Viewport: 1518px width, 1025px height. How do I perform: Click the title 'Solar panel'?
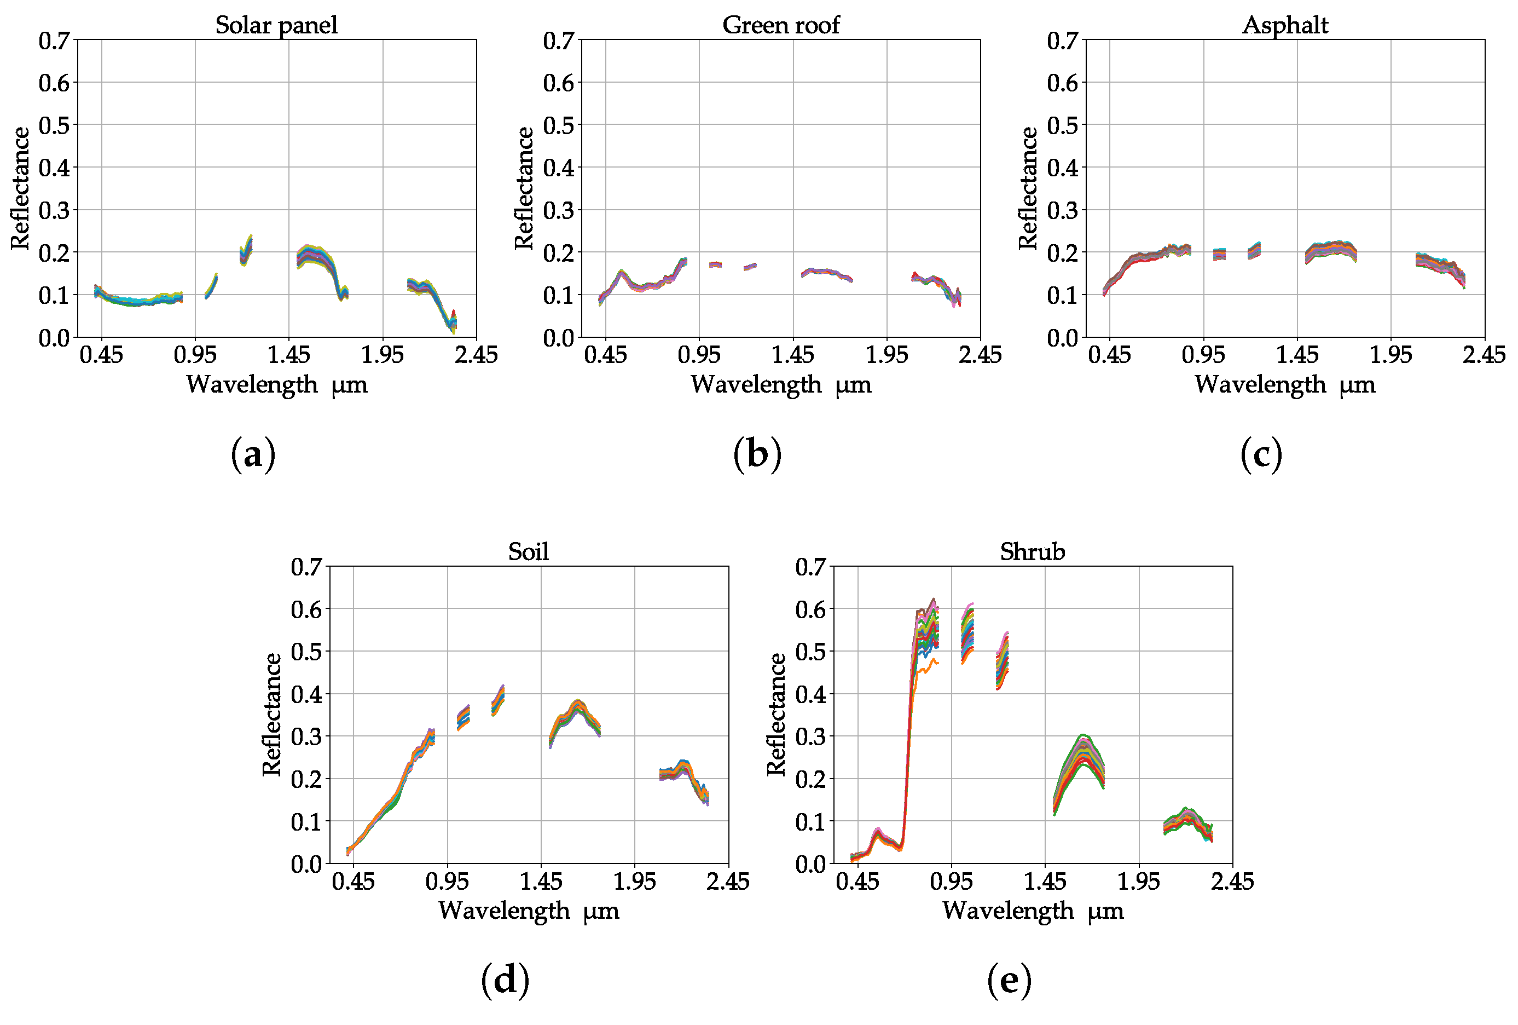pyautogui.click(x=276, y=25)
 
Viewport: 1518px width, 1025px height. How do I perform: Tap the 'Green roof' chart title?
pyautogui.click(x=780, y=25)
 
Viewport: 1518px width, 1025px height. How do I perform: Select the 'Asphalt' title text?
pyautogui.click(x=1285, y=25)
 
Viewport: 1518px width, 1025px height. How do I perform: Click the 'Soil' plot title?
pyautogui.click(x=529, y=552)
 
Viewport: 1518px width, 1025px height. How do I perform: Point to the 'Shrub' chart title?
pyautogui.click(x=1033, y=552)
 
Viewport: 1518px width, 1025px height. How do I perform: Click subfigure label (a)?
pyautogui.click(x=253, y=455)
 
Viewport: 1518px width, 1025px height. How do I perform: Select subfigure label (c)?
pyautogui.click(x=1261, y=455)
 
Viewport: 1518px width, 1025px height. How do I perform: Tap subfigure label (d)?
pyautogui.click(x=505, y=981)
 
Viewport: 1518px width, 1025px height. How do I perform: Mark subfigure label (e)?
pyautogui.click(x=1009, y=981)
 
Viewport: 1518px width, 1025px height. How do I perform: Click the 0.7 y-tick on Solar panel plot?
pyautogui.click(x=54, y=41)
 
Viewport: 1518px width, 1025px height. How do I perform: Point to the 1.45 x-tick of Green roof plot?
pyautogui.click(x=793, y=355)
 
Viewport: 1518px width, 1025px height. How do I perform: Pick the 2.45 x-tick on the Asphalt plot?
pyautogui.click(x=1484, y=355)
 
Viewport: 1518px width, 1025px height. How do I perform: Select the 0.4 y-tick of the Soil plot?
pyautogui.click(x=306, y=694)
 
